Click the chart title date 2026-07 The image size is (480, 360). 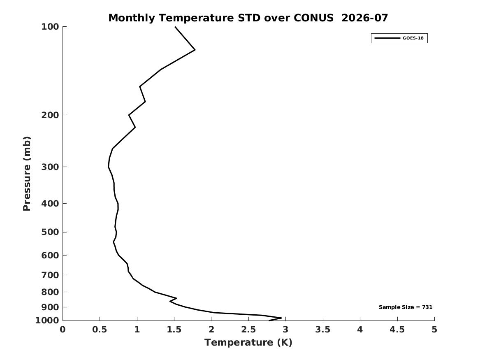(364, 18)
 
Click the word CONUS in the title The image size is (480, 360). (313, 18)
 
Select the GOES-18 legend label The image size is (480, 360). (413, 38)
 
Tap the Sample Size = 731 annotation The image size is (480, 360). (406, 307)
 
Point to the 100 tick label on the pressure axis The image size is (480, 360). (50, 27)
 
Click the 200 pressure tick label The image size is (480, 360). (50, 115)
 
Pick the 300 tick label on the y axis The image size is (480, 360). (50, 167)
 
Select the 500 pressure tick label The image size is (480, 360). (50, 232)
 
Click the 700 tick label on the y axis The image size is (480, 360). (50, 275)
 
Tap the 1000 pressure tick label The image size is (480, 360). (47, 321)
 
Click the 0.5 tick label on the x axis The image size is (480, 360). (100, 330)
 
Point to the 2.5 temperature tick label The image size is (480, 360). (248, 330)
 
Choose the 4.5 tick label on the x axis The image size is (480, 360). (397, 330)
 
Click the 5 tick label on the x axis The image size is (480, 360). (434, 330)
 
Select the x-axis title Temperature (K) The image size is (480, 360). (248, 342)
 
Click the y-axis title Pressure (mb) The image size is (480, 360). (27, 174)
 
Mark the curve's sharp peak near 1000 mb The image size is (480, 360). (281, 318)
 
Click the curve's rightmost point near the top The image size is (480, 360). (195, 50)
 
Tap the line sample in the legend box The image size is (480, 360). (387, 38)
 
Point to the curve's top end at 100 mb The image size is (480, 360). (175, 27)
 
